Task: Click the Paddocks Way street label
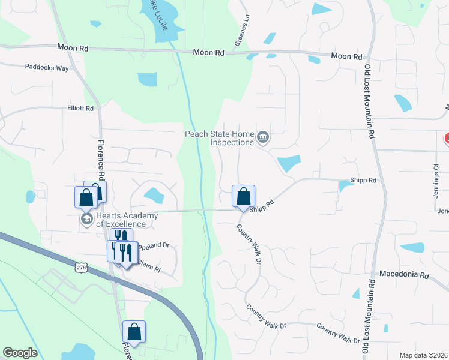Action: click(47, 68)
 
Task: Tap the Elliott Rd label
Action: click(80, 109)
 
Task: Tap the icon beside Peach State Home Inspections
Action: click(262, 139)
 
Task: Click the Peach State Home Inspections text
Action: click(219, 138)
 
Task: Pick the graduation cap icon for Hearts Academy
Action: click(86, 220)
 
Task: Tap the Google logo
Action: click(20, 353)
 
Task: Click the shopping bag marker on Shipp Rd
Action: click(243, 196)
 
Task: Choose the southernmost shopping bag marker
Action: click(134, 332)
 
